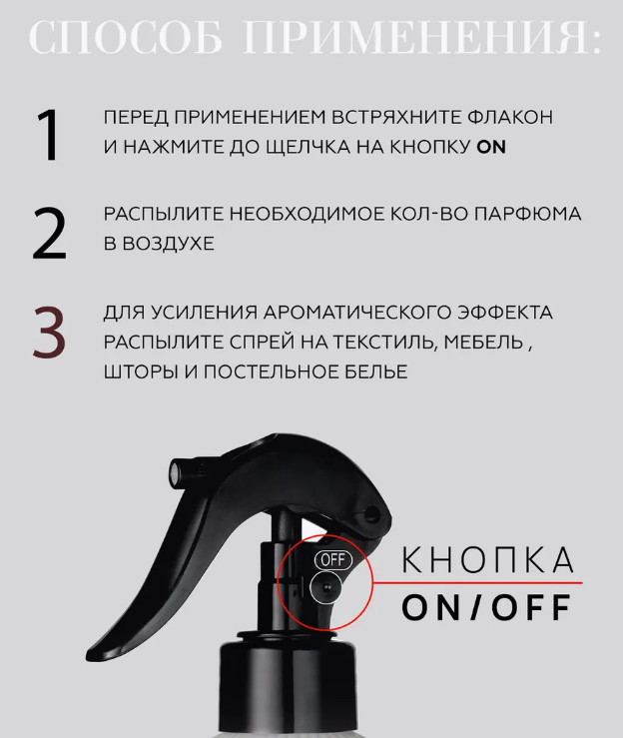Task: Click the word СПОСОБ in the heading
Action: [125, 38]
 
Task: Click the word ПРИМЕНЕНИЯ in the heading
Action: [422, 38]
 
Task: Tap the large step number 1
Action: [48, 135]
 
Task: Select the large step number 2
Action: [49, 234]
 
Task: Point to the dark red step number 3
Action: [49, 332]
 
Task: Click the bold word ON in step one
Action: [491, 148]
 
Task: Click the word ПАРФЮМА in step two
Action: [527, 214]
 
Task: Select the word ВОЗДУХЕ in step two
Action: [169, 244]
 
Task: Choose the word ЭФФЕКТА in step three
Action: [505, 313]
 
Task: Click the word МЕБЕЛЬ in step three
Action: [483, 343]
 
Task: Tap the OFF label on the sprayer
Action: [333, 559]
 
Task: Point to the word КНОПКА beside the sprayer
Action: [488, 560]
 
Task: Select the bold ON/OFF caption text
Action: [486, 607]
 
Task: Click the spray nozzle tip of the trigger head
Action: [176, 472]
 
